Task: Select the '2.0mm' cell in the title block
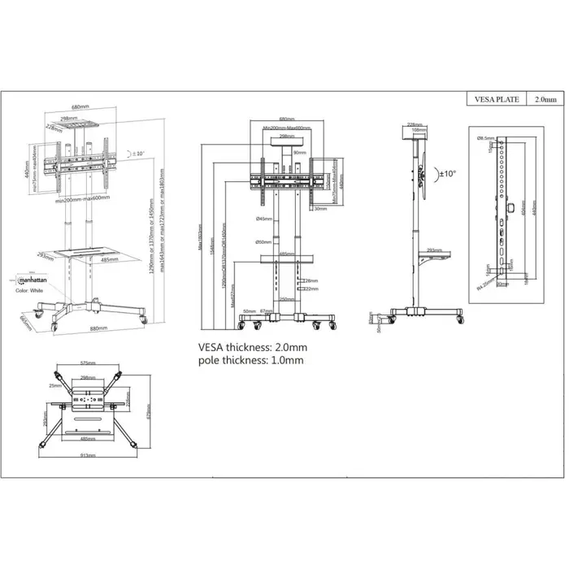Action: coord(545,99)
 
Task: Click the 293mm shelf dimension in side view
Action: coord(433,250)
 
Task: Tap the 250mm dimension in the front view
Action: coord(287,299)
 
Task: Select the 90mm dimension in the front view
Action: coord(300,153)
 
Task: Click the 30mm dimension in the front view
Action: coord(321,209)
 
